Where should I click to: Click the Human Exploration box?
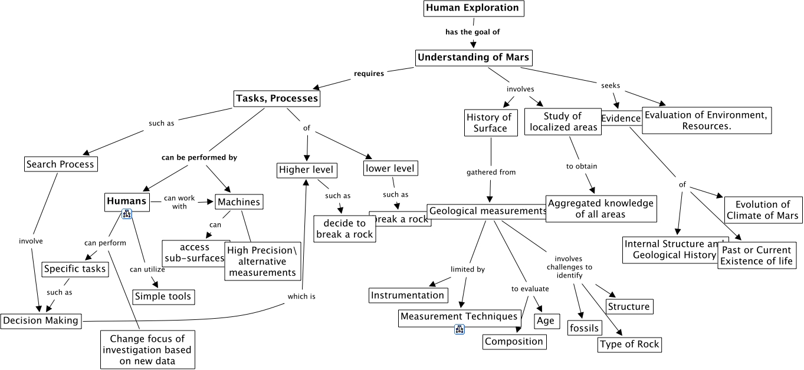pos(473,8)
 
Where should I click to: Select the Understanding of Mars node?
pos(473,58)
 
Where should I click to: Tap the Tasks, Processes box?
pos(277,98)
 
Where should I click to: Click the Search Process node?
pos(60,164)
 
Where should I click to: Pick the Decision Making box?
pos(41,321)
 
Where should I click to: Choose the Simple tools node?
pos(163,296)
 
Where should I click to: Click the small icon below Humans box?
pos(126,214)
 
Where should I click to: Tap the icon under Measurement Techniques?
pos(460,329)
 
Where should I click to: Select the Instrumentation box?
pos(408,295)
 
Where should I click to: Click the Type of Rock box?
pos(629,344)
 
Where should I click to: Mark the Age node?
pos(546,321)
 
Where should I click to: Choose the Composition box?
pos(514,341)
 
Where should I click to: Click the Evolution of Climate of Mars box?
pos(763,210)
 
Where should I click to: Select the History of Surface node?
pos(490,123)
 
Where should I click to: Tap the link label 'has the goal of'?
pos(472,32)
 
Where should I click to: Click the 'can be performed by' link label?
pos(199,158)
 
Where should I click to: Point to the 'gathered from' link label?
pos(491,173)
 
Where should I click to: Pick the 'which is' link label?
pos(301,296)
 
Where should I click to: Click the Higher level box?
pos(306,170)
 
